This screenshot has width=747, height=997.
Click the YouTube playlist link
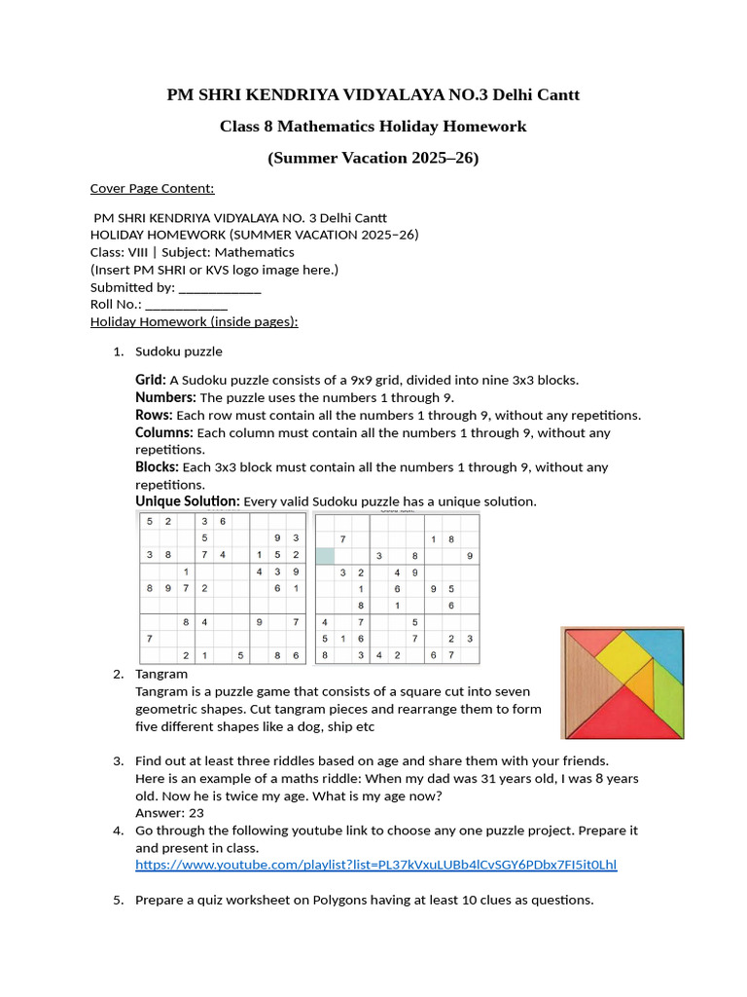click(x=375, y=865)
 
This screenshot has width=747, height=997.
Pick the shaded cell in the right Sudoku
click(x=324, y=556)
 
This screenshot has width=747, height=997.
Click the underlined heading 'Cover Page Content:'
click(x=152, y=188)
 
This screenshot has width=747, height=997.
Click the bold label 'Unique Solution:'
click(x=187, y=501)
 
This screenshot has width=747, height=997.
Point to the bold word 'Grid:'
click(x=151, y=380)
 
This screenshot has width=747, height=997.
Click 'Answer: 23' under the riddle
click(x=169, y=813)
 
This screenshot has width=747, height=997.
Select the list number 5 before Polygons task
click(x=117, y=900)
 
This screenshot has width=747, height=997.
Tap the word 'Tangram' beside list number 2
click(x=161, y=674)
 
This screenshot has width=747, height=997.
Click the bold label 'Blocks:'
click(x=157, y=467)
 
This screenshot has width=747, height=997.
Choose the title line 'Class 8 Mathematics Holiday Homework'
click(x=373, y=126)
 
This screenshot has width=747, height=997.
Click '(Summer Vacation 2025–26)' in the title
click(x=373, y=158)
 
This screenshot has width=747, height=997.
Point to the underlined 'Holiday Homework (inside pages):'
click(x=194, y=321)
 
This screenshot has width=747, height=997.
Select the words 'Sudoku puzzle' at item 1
click(x=178, y=351)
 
